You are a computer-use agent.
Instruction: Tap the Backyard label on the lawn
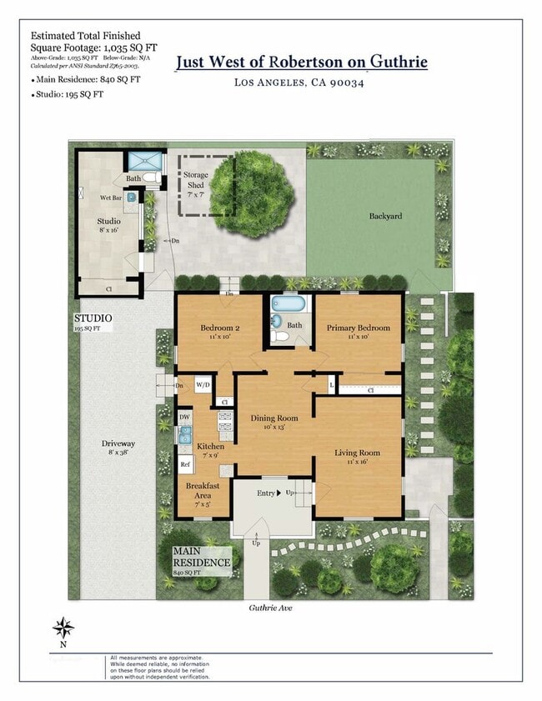(385, 216)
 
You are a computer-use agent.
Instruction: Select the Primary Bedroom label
(358, 328)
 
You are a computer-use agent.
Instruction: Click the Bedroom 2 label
(220, 328)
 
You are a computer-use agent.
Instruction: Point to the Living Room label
(357, 453)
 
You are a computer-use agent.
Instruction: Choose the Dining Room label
(274, 418)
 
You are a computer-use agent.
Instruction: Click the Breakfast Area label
(203, 490)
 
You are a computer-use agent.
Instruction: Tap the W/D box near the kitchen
(203, 385)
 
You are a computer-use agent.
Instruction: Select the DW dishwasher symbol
(185, 416)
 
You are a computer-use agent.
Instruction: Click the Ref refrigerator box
(186, 464)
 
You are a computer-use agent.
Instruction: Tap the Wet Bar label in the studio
(112, 198)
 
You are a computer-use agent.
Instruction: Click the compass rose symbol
(63, 627)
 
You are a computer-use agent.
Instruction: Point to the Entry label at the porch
(266, 493)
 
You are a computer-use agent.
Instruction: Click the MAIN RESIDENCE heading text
(201, 557)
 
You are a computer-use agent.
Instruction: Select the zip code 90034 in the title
(348, 82)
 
